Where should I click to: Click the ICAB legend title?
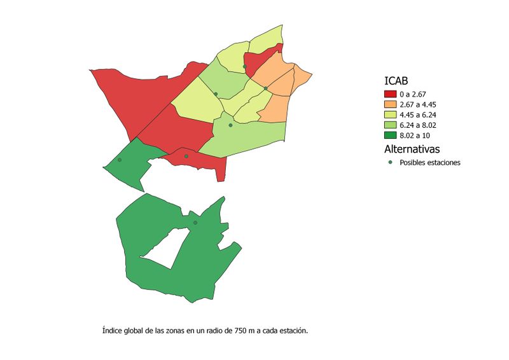pyautogui.click(x=396, y=81)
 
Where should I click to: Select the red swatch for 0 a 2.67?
pyautogui.click(x=390, y=94)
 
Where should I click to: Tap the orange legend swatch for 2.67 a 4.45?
pyautogui.click(x=390, y=104)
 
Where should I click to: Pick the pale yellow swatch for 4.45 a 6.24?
pyautogui.click(x=390, y=114)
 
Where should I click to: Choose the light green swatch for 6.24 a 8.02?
pyautogui.click(x=390, y=125)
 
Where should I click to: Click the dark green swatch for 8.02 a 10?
pyautogui.click(x=390, y=135)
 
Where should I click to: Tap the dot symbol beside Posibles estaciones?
pyautogui.click(x=390, y=162)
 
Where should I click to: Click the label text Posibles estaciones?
pyautogui.click(x=429, y=162)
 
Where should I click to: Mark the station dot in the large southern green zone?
pyautogui.click(x=195, y=223)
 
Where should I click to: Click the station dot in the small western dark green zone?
pyautogui.click(x=120, y=160)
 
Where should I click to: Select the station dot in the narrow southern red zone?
pyautogui.click(x=186, y=156)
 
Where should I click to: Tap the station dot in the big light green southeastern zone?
pyautogui.click(x=230, y=125)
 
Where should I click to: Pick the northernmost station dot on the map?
pyautogui.click(x=244, y=66)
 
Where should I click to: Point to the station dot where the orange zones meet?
pyautogui.click(x=266, y=88)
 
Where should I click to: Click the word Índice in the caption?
pyautogui.click(x=113, y=331)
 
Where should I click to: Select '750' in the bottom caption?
pyautogui.click(x=241, y=331)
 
